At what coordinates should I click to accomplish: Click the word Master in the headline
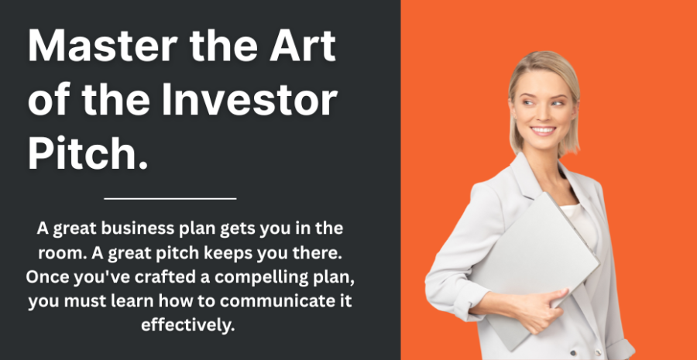(x=103, y=46)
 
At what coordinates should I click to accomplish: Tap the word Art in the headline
(x=302, y=46)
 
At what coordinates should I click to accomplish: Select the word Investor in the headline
(x=249, y=100)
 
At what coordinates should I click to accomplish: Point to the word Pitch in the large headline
(x=83, y=153)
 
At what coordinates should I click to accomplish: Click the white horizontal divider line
(x=170, y=199)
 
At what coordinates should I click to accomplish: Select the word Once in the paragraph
(x=48, y=277)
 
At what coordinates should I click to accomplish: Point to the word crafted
(x=164, y=277)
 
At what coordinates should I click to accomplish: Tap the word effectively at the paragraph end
(x=187, y=326)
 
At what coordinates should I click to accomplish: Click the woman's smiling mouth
(x=543, y=130)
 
